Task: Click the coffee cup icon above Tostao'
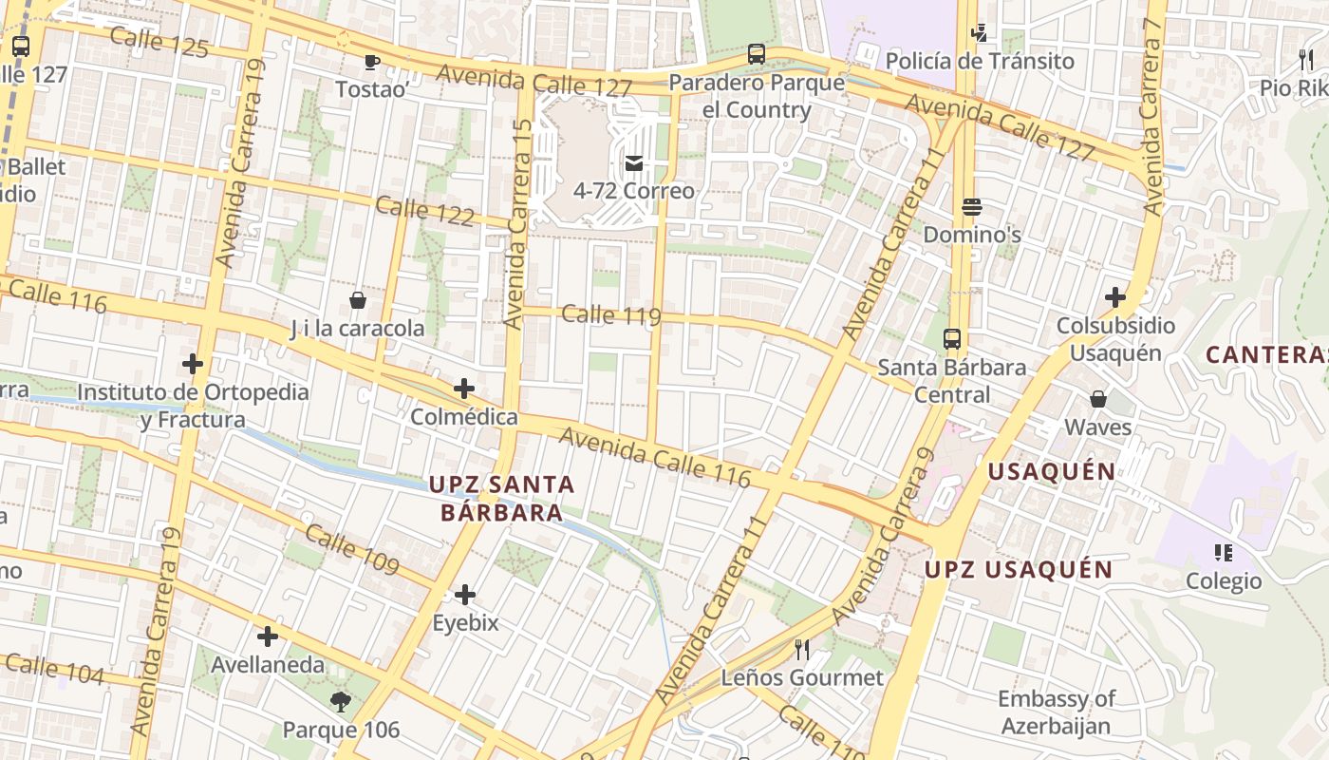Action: coord(371,63)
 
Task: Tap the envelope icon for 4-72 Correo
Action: coord(633,164)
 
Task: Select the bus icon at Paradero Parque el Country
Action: coord(756,54)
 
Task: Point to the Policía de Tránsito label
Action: coord(980,62)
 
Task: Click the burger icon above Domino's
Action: coord(971,206)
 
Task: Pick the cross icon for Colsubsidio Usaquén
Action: coord(1115,297)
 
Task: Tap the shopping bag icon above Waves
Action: coord(1098,399)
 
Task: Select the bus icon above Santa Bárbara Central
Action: coord(951,339)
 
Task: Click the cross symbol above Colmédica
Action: coord(464,389)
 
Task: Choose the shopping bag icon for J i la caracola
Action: coord(358,301)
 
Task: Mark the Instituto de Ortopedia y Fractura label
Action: coord(193,406)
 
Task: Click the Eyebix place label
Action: coord(465,624)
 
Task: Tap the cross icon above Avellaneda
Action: coord(268,636)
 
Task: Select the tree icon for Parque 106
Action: coord(341,702)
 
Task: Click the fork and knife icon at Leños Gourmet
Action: coord(802,650)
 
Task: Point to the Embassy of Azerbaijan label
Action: coord(1056,712)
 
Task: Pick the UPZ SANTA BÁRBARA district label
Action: coord(501,499)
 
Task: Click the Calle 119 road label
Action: coord(610,314)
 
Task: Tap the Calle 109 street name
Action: coord(352,548)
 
